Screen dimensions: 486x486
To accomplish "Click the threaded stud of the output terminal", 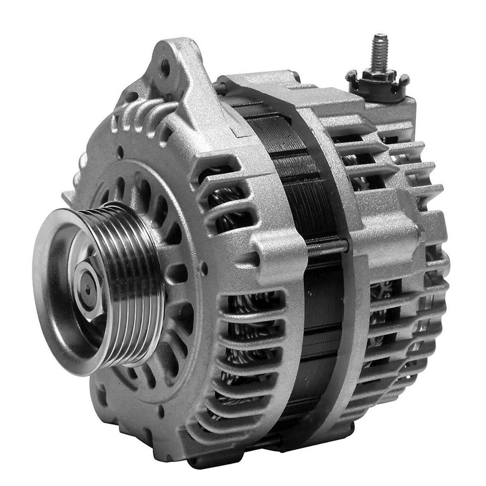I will point(380,51).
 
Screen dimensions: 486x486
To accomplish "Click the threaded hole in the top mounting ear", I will point(165,66).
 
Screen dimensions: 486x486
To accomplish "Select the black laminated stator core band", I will point(311,194).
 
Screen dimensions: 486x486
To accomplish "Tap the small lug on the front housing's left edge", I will point(68,197).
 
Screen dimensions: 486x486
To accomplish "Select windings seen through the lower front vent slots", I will point(243,340).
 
